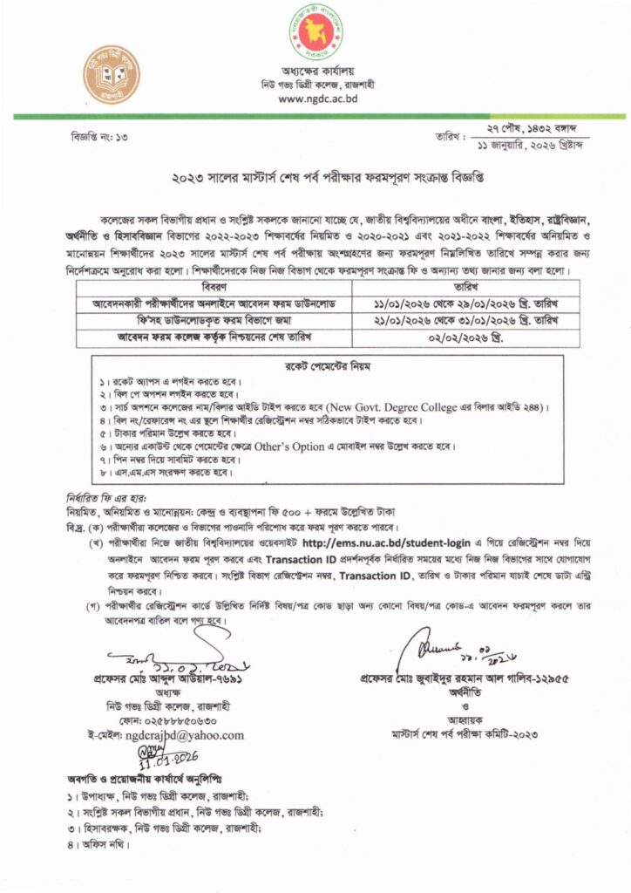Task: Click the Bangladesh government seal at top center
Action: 315,32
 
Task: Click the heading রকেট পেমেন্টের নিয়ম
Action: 315,365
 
